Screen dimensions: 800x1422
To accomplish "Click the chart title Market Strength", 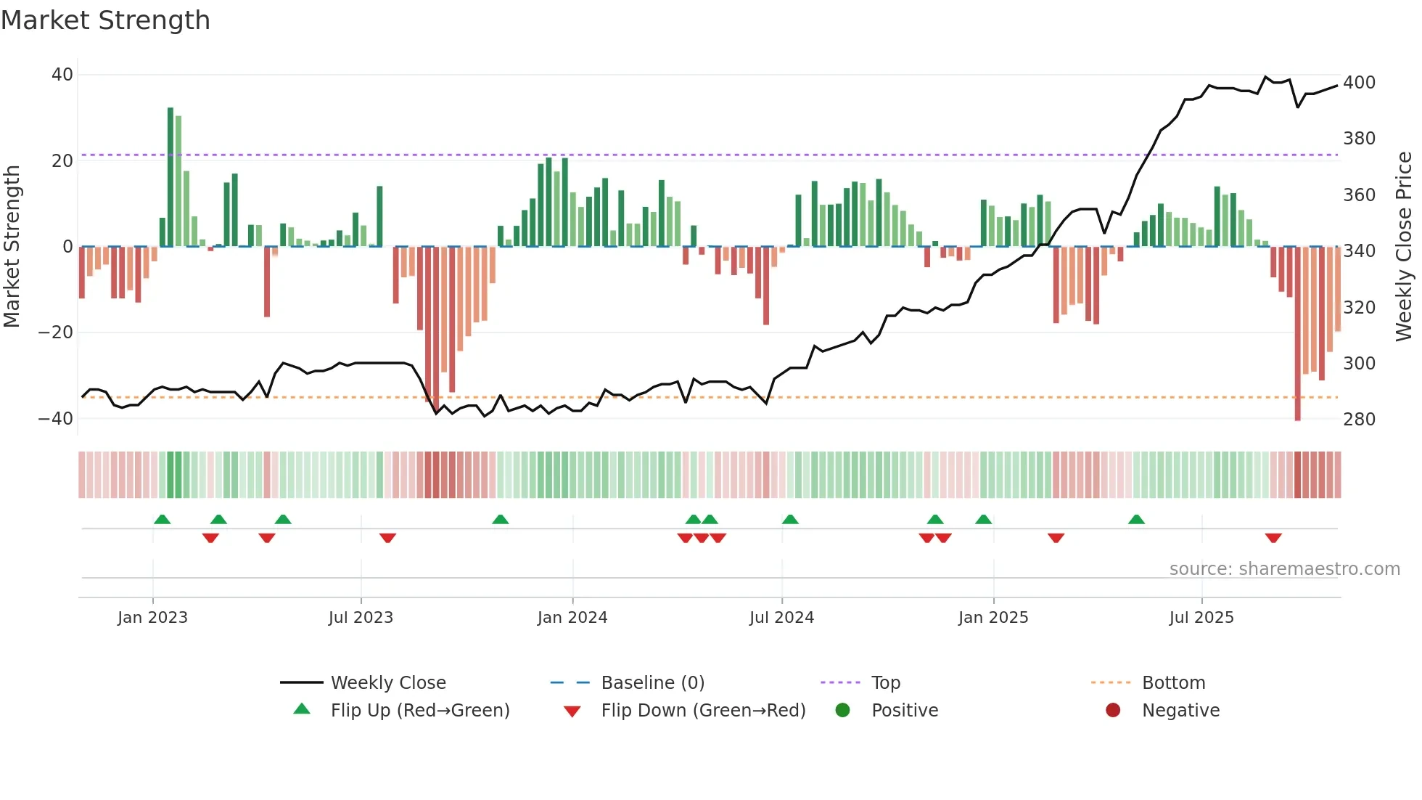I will point(105,20).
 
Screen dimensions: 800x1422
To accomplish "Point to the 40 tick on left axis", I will point(62,75).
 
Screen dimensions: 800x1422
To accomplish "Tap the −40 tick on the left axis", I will point(56,419).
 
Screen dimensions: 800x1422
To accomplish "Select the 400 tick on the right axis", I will point(1359,83).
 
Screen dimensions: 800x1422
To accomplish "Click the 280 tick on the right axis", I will point(1359,420).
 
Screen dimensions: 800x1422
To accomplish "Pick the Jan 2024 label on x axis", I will point(572,618).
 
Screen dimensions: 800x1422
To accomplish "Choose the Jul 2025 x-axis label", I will point(1201,618).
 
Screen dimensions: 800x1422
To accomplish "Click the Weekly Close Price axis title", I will point(1404,247).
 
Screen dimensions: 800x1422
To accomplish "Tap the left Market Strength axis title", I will point(12,247).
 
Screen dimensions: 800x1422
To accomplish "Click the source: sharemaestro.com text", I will point(1284,569).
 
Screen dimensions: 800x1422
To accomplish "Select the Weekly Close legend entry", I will point(388,683).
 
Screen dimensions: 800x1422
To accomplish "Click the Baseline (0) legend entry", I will point(652,683).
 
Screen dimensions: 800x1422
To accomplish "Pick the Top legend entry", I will point(885,683).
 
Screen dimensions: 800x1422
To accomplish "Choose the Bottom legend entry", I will point(1173,683).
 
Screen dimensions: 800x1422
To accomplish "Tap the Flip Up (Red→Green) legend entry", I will point(419,711).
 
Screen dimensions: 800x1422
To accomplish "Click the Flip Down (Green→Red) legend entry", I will point(703,711).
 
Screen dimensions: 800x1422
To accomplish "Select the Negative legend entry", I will point(1180,711).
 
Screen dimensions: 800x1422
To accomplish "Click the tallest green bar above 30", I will point(170,178).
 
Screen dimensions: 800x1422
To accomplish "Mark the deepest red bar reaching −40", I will point(1297,334).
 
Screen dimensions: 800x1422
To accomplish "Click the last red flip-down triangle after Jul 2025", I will point(1273,538).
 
